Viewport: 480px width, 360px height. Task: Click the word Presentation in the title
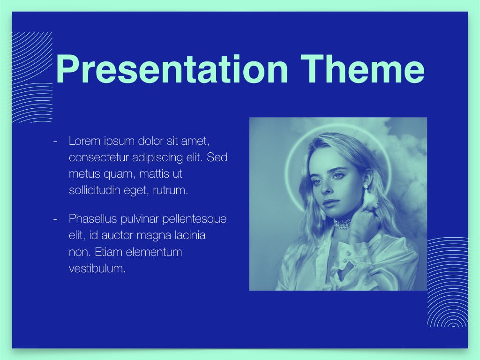[172, 69]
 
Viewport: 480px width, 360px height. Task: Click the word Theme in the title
[362, 69]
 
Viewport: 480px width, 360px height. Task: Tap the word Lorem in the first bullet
[85, 141]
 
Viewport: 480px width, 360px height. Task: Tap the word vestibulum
[97, 269]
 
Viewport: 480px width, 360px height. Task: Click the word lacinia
[190, 235]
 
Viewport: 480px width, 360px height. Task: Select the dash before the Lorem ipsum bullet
[55, 141]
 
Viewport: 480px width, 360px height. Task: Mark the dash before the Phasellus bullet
[55, 219]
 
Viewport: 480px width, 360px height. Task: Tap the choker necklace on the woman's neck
[342, 224]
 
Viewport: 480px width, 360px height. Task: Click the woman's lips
[330, 203]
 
